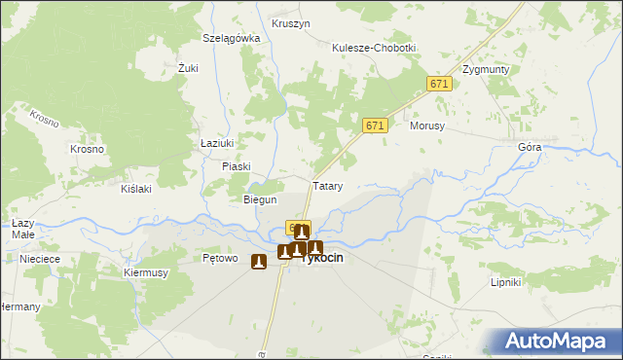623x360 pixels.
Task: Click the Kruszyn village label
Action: [x=291, y=22]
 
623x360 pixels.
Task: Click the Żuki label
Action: [x=188, y=68]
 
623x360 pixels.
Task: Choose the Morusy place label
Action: [x=427, y=126]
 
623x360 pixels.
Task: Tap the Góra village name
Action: [x=530, y=147]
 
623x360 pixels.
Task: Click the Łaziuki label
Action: [x=216, y=143]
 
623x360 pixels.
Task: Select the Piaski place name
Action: [x=237, y=166]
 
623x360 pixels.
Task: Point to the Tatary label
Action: [x=326, y=185]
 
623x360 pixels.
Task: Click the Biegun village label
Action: [x=260, y=199]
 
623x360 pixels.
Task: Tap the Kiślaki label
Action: [x=135, y=189]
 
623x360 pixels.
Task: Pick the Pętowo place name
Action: [x=220, y=259]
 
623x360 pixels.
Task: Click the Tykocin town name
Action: [x=322, y=260]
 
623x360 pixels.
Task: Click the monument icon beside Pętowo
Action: [x=258, y=261]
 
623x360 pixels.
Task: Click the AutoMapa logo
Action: [x=555, y=342]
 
